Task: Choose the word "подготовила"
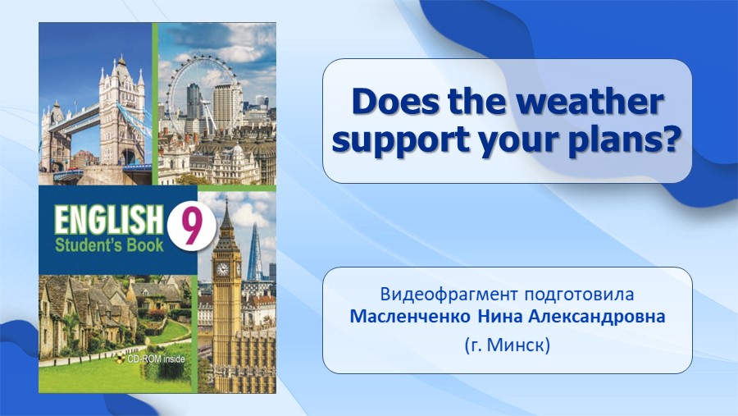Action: tap(579, 295)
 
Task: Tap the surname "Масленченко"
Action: tap(410, 317)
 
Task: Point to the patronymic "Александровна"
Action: tap(597, 317)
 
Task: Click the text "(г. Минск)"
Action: tap(508, 345)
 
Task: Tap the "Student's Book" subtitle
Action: tap(110, 245)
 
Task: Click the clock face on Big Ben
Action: tap(222, 269)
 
